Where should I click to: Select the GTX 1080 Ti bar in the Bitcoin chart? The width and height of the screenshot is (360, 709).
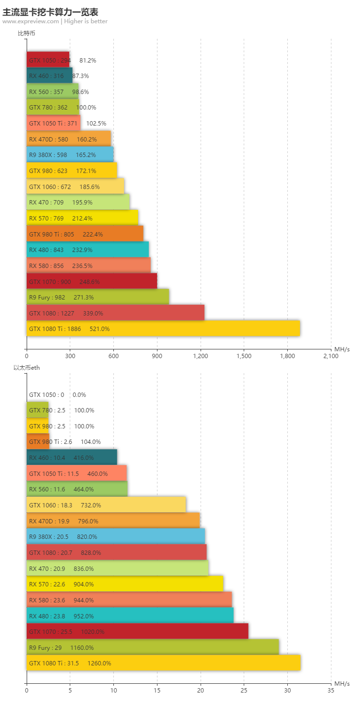point(163,329)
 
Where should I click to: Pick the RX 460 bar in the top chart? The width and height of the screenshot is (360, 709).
point(49,76)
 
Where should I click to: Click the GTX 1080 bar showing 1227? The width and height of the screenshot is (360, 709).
point(115,313)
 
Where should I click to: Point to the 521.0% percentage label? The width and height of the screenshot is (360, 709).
point(99,329)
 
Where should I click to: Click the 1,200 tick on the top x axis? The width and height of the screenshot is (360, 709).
point(201,356)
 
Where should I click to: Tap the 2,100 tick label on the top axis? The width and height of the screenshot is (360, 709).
point(331,356)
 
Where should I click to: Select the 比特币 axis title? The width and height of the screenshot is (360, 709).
point(26,33)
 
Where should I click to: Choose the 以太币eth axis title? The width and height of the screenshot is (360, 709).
point(26,368)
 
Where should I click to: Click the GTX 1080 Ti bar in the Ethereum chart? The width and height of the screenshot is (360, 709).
point(163,663)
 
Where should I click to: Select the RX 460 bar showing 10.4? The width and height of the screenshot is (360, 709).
point(72,457)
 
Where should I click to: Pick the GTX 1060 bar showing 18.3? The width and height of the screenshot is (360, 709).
point(106,505)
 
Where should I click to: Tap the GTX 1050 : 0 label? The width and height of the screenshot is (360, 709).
point(47,395)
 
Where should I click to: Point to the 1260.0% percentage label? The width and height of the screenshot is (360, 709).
point(99,663)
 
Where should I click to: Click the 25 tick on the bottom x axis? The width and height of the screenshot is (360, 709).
point(244,691)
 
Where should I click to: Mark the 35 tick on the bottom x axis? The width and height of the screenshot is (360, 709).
point(331,691)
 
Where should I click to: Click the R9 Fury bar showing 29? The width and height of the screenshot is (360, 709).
point(153,647)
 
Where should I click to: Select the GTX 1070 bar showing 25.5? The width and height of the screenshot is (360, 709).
point(137,631)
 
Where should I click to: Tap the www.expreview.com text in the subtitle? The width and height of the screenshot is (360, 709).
point(31,21)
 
